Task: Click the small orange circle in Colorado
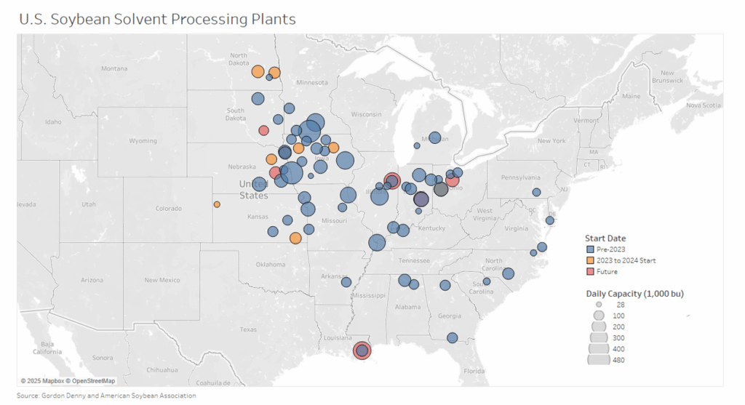[x=217, y=204]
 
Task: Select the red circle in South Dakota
[x=263, y=131]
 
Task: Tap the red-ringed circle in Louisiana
[x=362, y=351]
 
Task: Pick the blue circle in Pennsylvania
[x=536, y=193]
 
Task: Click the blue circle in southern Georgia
[x=452, y=337]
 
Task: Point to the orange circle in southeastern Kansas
[x=295, y=238]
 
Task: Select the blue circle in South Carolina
[x=487, y=281]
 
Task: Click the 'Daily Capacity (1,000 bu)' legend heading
[x=634, y=293]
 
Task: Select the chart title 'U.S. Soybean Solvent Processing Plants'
[x=158, y=19]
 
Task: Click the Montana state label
[x=114, y=69]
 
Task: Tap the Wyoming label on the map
[x=143, y=140]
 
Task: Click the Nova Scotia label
[x=703, y=105]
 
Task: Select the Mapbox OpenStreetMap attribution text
[x=68, y=380]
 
